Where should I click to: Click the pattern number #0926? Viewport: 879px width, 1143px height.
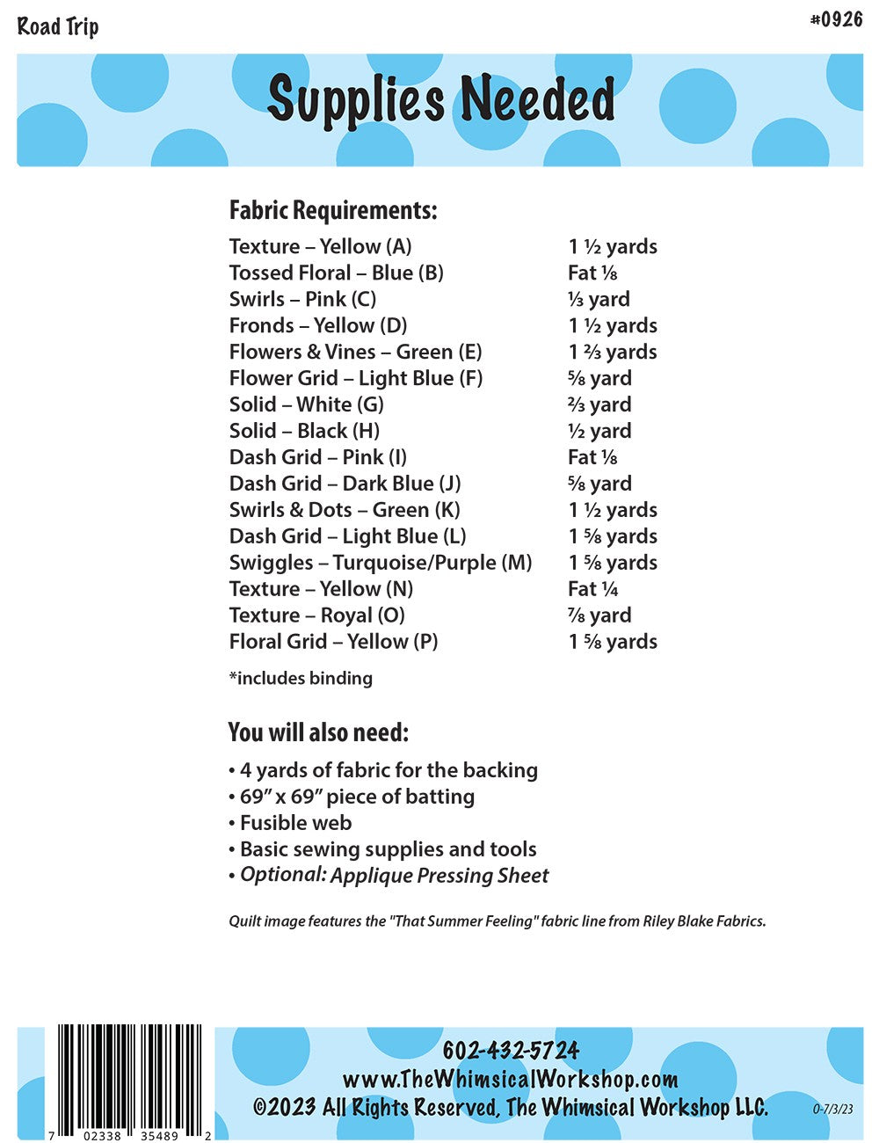pyautogui.click(x=836, y=19)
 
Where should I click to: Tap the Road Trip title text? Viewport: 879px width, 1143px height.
pyautogui.click(x=58, y=26)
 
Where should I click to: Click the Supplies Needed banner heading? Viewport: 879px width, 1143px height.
pyautogui.click(x=440, y=99)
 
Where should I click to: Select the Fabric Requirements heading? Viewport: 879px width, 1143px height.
pyautogui.click(x=333, y=211)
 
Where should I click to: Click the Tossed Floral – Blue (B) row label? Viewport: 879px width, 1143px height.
pyautogui.click(x=336, y=273)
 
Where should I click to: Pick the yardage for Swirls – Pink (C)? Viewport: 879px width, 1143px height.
pyautogui.click(x=599, y=299)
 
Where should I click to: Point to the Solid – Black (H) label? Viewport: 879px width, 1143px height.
pyautogui.click(x=304, y=431)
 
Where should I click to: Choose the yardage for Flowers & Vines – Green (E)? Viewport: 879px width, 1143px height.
pyautogui.click(x=613, y=352)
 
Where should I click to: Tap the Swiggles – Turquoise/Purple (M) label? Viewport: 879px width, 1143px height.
pyautogui.click(x=381, y=563)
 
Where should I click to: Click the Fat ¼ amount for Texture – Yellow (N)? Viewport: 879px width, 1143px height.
pyautogui.click(x=592, y=589)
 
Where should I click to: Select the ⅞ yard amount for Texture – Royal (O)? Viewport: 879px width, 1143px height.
pyautogui.click(x=599, y=615)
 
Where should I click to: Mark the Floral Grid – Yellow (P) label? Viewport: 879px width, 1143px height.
pyautogui.click(x=333, y=642)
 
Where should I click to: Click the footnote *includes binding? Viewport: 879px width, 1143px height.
pyautogui.click(x=301, y=678)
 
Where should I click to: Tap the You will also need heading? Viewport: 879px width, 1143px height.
pyautogui.click(x=318, y=732)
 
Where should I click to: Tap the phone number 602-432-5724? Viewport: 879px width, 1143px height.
pyautogui.click(x=511, y=1051)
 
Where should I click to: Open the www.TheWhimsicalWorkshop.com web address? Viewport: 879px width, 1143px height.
pyautogui.click(x=510, y=1079)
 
